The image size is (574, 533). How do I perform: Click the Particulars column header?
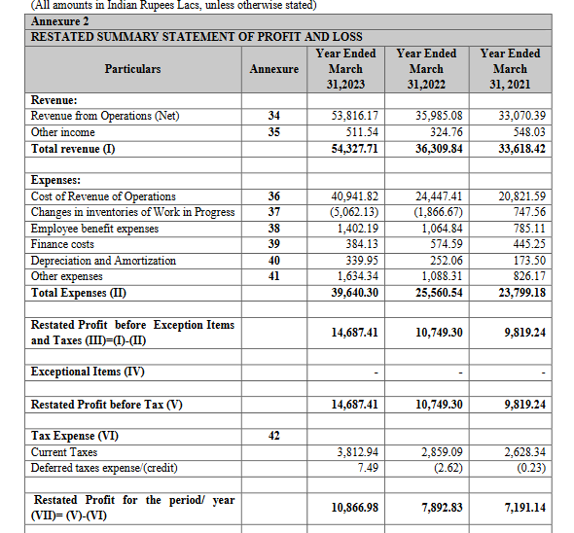click(133, 69)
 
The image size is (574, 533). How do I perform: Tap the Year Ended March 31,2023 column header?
click(345, 69)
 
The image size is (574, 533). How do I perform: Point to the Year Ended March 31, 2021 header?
click(510, 69)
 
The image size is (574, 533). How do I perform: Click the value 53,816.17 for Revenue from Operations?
click(355, 116)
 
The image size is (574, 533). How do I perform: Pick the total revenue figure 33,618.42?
click(521, 149)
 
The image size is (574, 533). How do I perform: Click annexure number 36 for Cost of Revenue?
click(273, 196)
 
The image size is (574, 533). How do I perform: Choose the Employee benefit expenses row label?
click(95, 229)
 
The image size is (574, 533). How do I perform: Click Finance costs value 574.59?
click(443, 244)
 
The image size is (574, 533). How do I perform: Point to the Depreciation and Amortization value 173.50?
click(525, 261)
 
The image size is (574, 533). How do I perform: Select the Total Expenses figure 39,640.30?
click(355, 293)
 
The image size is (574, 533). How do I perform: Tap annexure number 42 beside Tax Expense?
click(273, 436)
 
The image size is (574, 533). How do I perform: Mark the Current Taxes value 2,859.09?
click(440, 452)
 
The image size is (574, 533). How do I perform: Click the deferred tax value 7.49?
click(367, 468)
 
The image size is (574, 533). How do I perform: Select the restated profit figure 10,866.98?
click(355, 508)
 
